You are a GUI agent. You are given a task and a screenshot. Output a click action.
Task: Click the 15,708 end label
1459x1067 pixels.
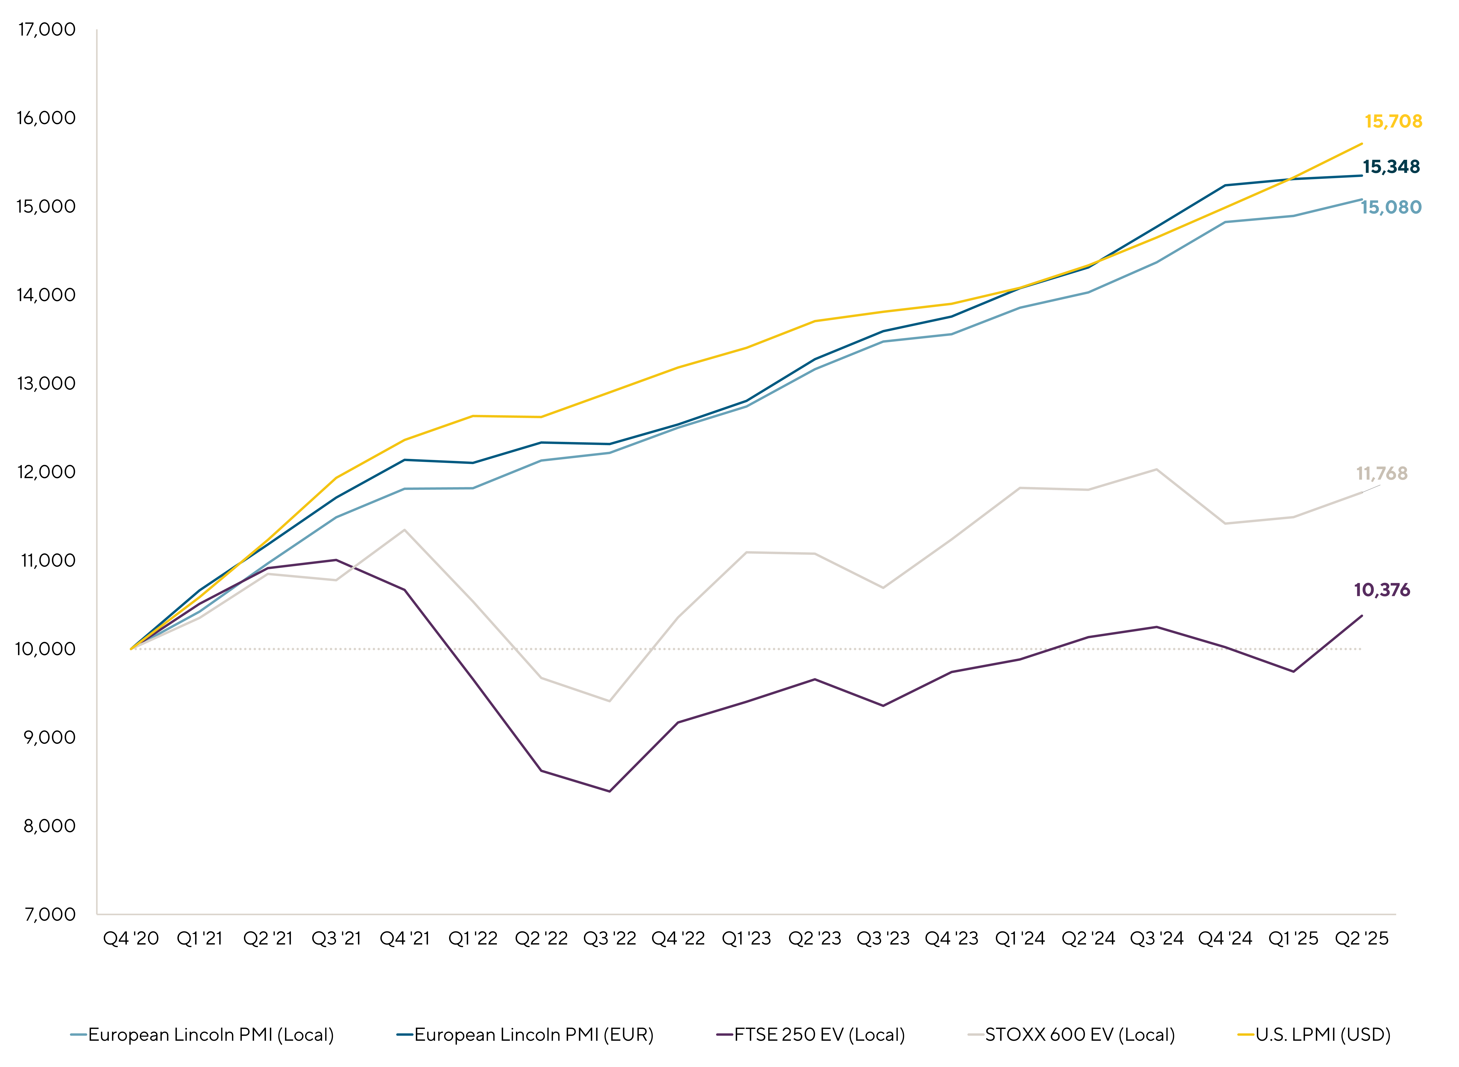[1393, 121]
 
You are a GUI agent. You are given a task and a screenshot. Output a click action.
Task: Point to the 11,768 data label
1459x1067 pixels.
[1381, 473]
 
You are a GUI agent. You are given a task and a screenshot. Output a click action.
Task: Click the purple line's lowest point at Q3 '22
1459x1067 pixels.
[609, 791]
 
